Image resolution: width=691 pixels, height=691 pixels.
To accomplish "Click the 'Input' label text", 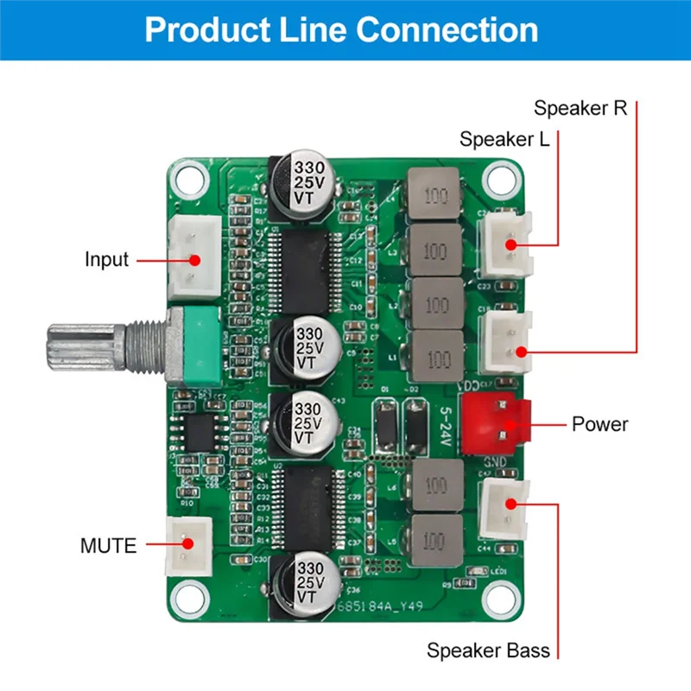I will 106,259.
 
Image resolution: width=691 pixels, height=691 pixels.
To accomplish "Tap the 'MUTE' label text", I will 108,546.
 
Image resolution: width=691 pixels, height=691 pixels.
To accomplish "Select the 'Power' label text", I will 599,424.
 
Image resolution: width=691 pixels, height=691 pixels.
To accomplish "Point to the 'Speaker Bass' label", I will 488,650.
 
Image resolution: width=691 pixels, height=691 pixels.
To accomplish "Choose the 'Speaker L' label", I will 504,139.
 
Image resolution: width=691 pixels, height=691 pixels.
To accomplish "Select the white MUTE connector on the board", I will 186,544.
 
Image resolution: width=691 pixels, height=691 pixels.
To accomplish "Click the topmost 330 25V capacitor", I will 309,183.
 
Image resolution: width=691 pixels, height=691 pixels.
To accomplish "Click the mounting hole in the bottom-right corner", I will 499,596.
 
